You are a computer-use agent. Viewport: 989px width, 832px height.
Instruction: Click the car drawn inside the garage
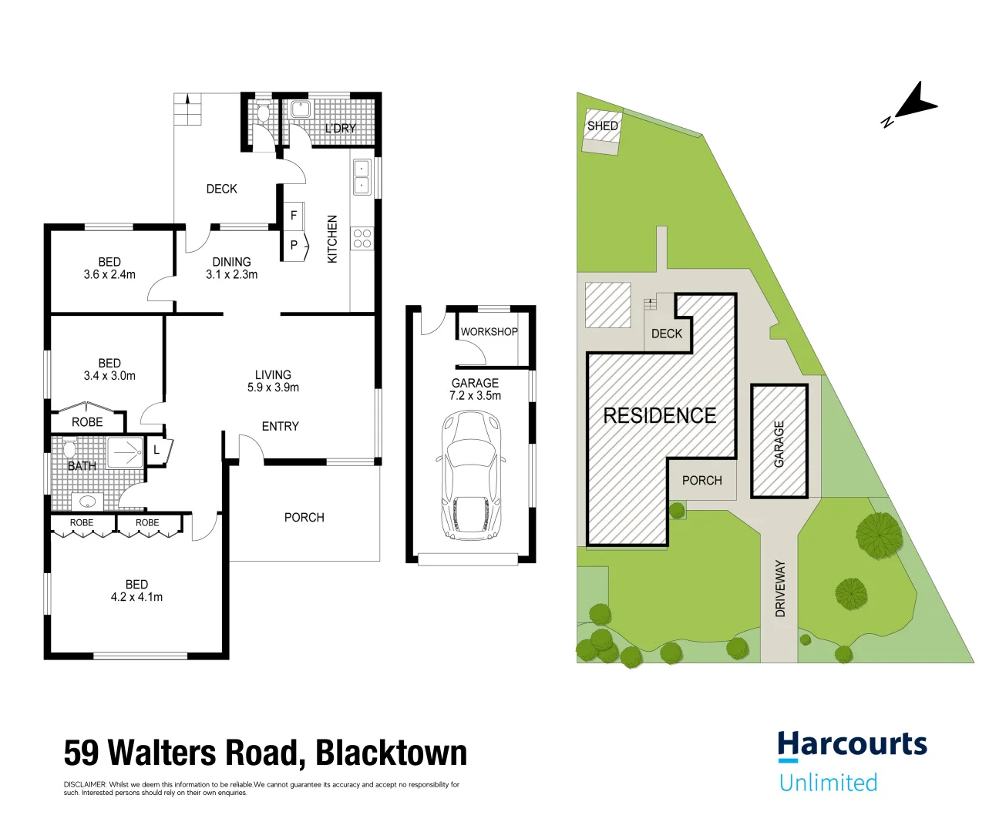(x=471, y=475)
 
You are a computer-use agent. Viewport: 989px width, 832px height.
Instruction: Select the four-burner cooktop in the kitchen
(x=362, y=238)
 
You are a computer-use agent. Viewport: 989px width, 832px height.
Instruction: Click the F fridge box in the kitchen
(x=294, y=216)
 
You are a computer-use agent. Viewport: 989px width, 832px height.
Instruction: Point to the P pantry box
(x=295, y=245)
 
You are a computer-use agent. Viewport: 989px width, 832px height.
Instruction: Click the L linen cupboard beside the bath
(x=159, y=450)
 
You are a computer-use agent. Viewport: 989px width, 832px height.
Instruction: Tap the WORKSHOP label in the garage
(x=489, y=331)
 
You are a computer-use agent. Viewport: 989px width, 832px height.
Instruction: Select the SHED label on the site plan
(x=603, y=126)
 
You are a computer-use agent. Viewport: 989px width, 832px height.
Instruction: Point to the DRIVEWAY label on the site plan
(x=780, y=589)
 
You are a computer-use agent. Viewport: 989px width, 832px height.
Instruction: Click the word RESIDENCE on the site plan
(x=659, y=416)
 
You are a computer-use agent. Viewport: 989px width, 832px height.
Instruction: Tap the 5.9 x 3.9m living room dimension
(x=273, y=387)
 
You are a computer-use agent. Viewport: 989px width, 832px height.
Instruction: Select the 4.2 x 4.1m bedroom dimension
(x=136, y=597)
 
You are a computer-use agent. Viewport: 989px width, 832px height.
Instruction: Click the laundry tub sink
(x=301, y=109)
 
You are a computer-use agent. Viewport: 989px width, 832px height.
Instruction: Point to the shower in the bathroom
(x=125, y=452)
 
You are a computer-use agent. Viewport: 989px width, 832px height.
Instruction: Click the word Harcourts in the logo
(x=853, y=744)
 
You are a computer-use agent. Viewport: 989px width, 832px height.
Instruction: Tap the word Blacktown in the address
(x=392, y=753)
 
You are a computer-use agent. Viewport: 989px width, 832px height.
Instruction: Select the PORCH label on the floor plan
(x=304, y=517)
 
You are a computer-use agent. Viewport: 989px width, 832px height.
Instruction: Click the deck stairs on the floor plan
(x=187, y=109)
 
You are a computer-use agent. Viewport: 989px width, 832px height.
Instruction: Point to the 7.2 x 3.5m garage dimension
(x=475, y=395)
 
